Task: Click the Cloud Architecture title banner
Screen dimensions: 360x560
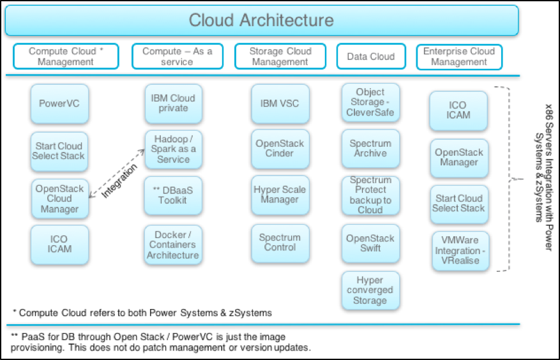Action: click(261, 20)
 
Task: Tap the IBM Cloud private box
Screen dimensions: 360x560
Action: click(173, 103)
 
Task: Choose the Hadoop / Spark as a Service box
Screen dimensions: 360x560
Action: click(173, 149)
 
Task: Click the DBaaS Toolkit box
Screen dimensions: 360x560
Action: click(173, 195)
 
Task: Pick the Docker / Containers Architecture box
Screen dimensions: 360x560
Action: click(173, 245)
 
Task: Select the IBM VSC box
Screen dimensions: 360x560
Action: click(280, 103)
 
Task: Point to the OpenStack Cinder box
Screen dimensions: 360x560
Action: click(280, 148)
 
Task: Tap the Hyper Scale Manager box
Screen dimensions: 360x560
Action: click(280, 195)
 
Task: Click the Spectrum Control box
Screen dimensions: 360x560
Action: click(280, 243)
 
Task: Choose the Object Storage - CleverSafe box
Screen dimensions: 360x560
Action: click(370, 102)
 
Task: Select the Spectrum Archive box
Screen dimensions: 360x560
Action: click(370, 148)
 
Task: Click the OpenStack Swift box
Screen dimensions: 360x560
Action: click(370, 243)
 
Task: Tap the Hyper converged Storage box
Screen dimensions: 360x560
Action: click(370, 290)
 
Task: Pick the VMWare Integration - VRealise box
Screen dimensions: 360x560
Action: click(458, 250)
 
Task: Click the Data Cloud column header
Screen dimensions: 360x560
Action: click(370, 56)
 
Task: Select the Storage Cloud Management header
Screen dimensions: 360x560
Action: click(280, 56)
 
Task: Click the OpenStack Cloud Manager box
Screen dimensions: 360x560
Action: click(59, 199)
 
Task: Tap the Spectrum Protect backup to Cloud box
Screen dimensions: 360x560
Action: click(370, 195)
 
